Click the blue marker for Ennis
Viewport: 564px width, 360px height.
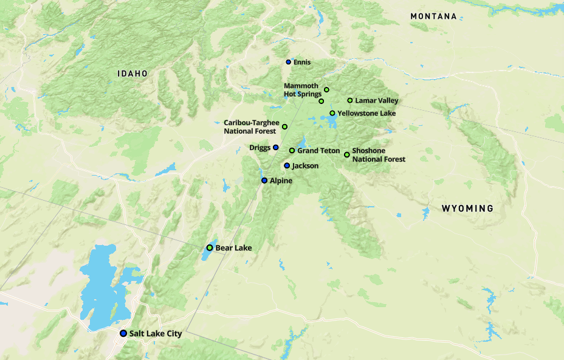[x=289, y=62]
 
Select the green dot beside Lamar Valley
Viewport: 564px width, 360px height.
[x=350, y=100]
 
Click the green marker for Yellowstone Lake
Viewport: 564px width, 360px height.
[x=332, y=113]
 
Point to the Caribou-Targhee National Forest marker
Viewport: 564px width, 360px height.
[x=284, y=126]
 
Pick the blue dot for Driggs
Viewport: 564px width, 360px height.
[x=276, y=147]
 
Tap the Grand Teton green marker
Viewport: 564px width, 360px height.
[x=292, y=150]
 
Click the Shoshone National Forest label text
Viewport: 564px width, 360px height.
[x=378, y=155]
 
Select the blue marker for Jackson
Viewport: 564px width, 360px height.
[x=287, y=165]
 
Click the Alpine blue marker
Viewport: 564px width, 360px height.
[x=264, y=181]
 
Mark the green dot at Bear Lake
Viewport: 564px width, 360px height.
[x=210, y=247]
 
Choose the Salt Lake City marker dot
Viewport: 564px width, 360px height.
[x=123, y=333]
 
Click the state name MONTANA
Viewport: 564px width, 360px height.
[x=433, y=16]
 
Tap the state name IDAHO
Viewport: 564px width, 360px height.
[x=132, y=74]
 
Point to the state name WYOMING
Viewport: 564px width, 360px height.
[x=467, y=209]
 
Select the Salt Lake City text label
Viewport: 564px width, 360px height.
[x=156, y=333]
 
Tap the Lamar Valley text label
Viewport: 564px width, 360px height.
[x=377, y=100]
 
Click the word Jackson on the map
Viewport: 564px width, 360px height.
[x=305, y=165]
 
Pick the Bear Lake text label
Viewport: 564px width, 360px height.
[x=233, y=247]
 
